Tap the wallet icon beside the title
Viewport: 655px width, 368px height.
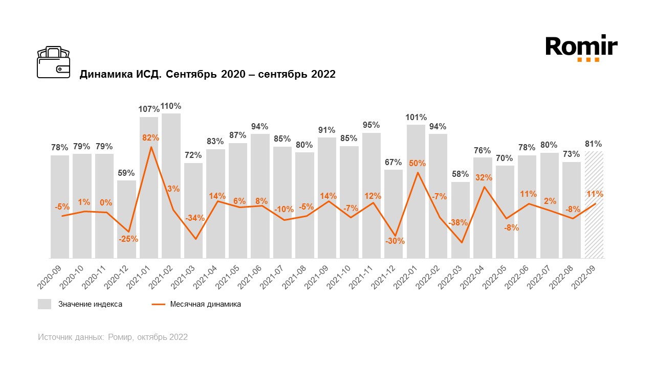click(x=53, y=62)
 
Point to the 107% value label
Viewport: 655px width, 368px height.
click(x=149, y=109)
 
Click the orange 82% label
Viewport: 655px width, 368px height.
click(x=151, y=137)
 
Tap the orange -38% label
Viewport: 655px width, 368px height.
click(x=458, y=223)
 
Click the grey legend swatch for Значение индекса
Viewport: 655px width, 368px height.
click(x=45, y=304)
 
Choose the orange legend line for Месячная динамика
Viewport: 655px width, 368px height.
click(x=158, y=304)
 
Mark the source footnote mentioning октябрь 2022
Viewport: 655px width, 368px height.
click(x=113, y=337)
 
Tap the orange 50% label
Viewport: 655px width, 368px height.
click(x=417, y=164)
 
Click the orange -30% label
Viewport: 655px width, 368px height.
click(x=395, y=241)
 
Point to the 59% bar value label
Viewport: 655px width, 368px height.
click(x=127, y=173)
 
